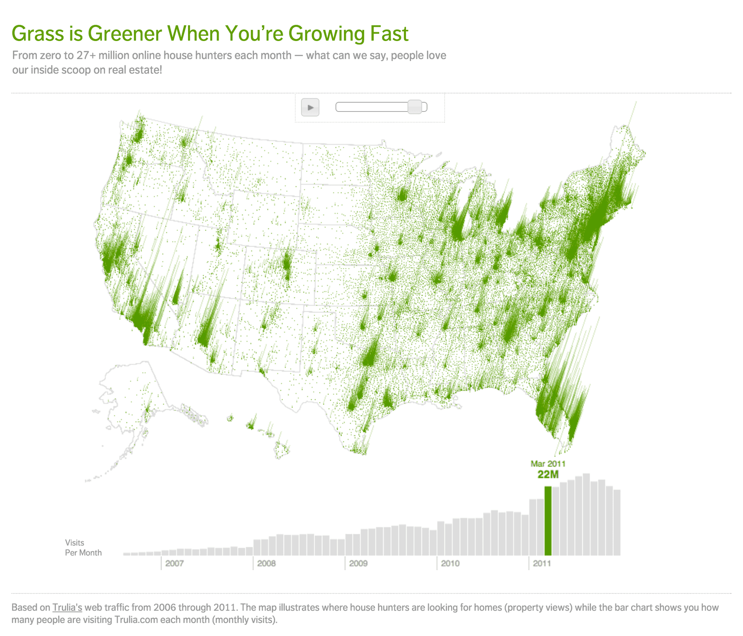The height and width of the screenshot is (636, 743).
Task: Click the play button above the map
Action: pyautogui.click(x=310, y=107)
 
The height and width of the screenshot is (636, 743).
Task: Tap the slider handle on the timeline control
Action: pyautogui.click(x=414, y=107)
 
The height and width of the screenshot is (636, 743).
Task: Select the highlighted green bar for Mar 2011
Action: pyautogui.click(x=548, y=521)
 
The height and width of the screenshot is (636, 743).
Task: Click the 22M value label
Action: pyautogui.click(x=548, y=474)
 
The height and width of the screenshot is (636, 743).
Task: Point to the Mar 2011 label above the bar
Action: pyautogui.click(x=548, y=463)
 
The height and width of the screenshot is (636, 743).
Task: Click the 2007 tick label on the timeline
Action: pyautogui.click(x=174, y=563)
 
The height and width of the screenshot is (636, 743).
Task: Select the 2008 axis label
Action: pyautogui.click(x=266, y=563)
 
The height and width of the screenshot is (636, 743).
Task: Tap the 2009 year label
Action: pyautogui.click(x=358, y=563)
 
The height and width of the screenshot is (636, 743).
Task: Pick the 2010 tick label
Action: pyautogui.click(x=450, y=563)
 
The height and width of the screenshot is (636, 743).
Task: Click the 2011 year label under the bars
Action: pyautogui.click(x=542, y=563)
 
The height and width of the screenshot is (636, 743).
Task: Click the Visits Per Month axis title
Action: pyautogui.click(x=83, y=547)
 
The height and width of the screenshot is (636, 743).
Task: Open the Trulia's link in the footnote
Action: pyautogui.click(x=67, y=607)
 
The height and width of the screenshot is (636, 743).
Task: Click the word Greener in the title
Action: pyautogui.click(x=127, y=33)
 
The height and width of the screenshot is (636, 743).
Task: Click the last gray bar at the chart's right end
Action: pyautogui.click(x=617, y=523)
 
